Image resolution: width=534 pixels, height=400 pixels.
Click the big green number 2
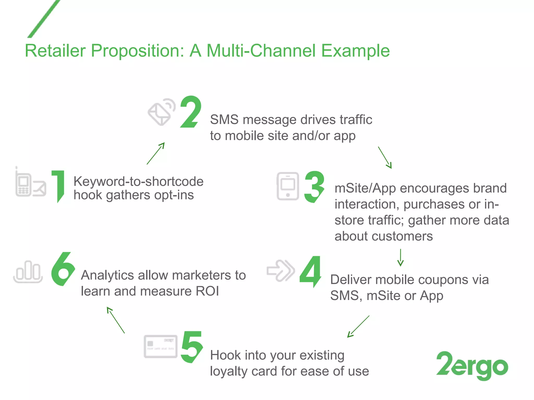pos(191,112)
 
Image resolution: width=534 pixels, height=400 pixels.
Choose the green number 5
pos(192,347)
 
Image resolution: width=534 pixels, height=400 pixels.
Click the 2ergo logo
pos(472,365)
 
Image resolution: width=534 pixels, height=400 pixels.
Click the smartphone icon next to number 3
pos(288,186)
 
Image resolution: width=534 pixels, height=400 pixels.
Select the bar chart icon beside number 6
pos(28,271)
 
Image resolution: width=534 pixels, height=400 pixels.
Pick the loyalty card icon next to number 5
pos(161,346)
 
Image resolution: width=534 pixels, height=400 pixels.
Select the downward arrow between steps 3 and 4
pos(400,257)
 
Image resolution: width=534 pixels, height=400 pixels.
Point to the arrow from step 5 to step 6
pos(116,320)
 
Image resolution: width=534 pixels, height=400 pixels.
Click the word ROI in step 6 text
pos(207,291)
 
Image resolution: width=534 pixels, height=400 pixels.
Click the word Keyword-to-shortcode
pos(138,181)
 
